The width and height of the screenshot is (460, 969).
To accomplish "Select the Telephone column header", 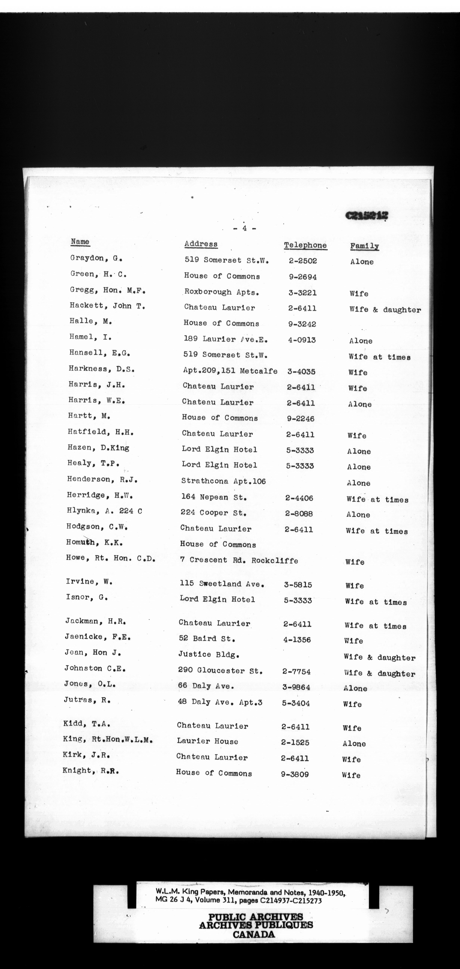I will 305,245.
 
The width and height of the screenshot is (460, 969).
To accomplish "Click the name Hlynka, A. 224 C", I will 104,511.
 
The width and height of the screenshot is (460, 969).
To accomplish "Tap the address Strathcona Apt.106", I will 223,481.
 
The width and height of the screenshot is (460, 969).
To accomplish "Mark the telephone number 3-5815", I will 298,585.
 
